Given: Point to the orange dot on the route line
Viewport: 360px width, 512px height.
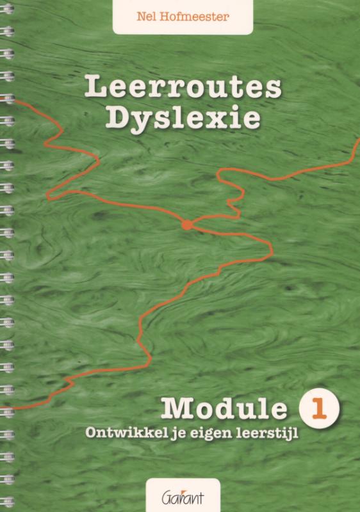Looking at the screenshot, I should point(186,225).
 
